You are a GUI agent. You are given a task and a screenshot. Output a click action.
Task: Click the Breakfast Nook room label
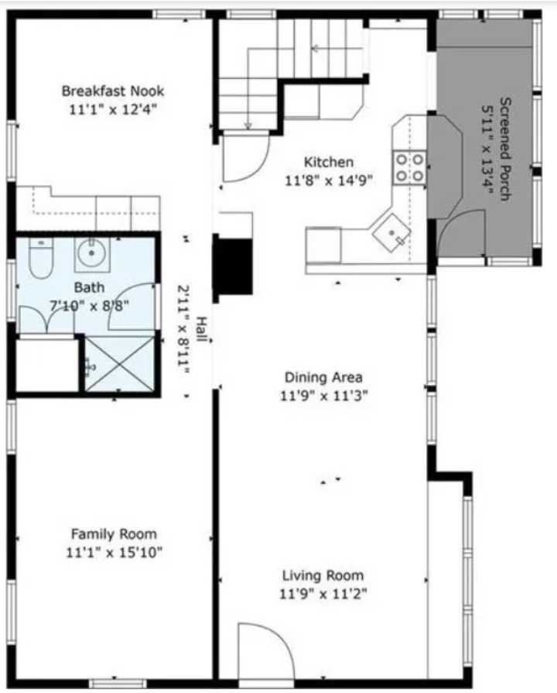[x=113, y=91]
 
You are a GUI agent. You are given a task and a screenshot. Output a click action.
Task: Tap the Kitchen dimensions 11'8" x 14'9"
[x=328, y=180]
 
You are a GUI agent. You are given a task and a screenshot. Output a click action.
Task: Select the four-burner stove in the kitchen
[x=409, y=166]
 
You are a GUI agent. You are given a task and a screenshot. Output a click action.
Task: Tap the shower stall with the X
[x=119, y=364]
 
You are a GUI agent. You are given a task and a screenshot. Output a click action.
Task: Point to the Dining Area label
[x=323, y=378]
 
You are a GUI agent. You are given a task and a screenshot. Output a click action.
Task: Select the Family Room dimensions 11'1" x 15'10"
[x=114, y=552]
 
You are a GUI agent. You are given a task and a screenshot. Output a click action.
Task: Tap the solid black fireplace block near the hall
[x=233, y=266]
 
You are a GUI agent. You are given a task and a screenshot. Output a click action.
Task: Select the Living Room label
[x=323, y=576]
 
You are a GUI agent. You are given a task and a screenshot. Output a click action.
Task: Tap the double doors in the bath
[x=48, y=320]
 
